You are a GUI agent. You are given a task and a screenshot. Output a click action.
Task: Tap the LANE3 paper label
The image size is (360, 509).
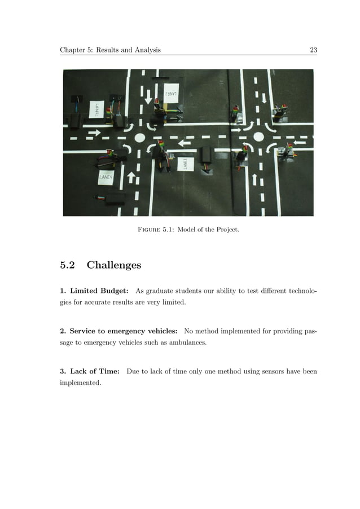(x=185, y=164)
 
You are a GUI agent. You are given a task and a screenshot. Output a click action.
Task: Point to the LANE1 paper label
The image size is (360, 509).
(x=97, y=108)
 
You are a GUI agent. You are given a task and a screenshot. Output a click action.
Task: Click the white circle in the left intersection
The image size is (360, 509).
(x=140, y=137)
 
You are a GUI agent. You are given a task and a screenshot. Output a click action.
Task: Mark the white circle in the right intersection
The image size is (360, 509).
(x=258, y=137)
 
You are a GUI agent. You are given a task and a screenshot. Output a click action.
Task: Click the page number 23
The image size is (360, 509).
(x=313, y=50)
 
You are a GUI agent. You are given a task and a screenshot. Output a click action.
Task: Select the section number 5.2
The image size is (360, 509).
(x=68, y=265)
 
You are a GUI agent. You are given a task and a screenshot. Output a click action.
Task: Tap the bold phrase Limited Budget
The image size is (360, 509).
(x=99, y=291)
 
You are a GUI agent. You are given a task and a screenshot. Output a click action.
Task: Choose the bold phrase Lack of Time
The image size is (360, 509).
(x=95, y=371)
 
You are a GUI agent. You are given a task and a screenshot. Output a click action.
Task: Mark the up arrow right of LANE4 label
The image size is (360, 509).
(x=131, y=178)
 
